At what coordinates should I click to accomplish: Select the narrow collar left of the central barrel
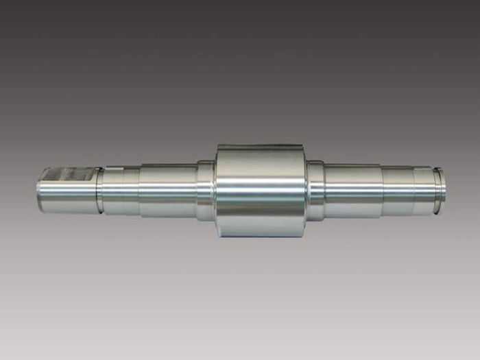click(205, 190)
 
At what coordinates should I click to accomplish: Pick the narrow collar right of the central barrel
click(315, 190)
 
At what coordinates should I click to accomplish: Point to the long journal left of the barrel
click(168, 190)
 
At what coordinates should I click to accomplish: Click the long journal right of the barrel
click(352, 190)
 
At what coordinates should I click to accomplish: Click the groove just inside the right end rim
click(431, 190)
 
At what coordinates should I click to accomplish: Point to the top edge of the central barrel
click(261, 146)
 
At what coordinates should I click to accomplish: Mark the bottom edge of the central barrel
click(261, 235)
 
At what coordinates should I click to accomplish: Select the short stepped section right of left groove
click(121, 191)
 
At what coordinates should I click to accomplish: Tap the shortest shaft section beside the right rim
click(422, 190)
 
